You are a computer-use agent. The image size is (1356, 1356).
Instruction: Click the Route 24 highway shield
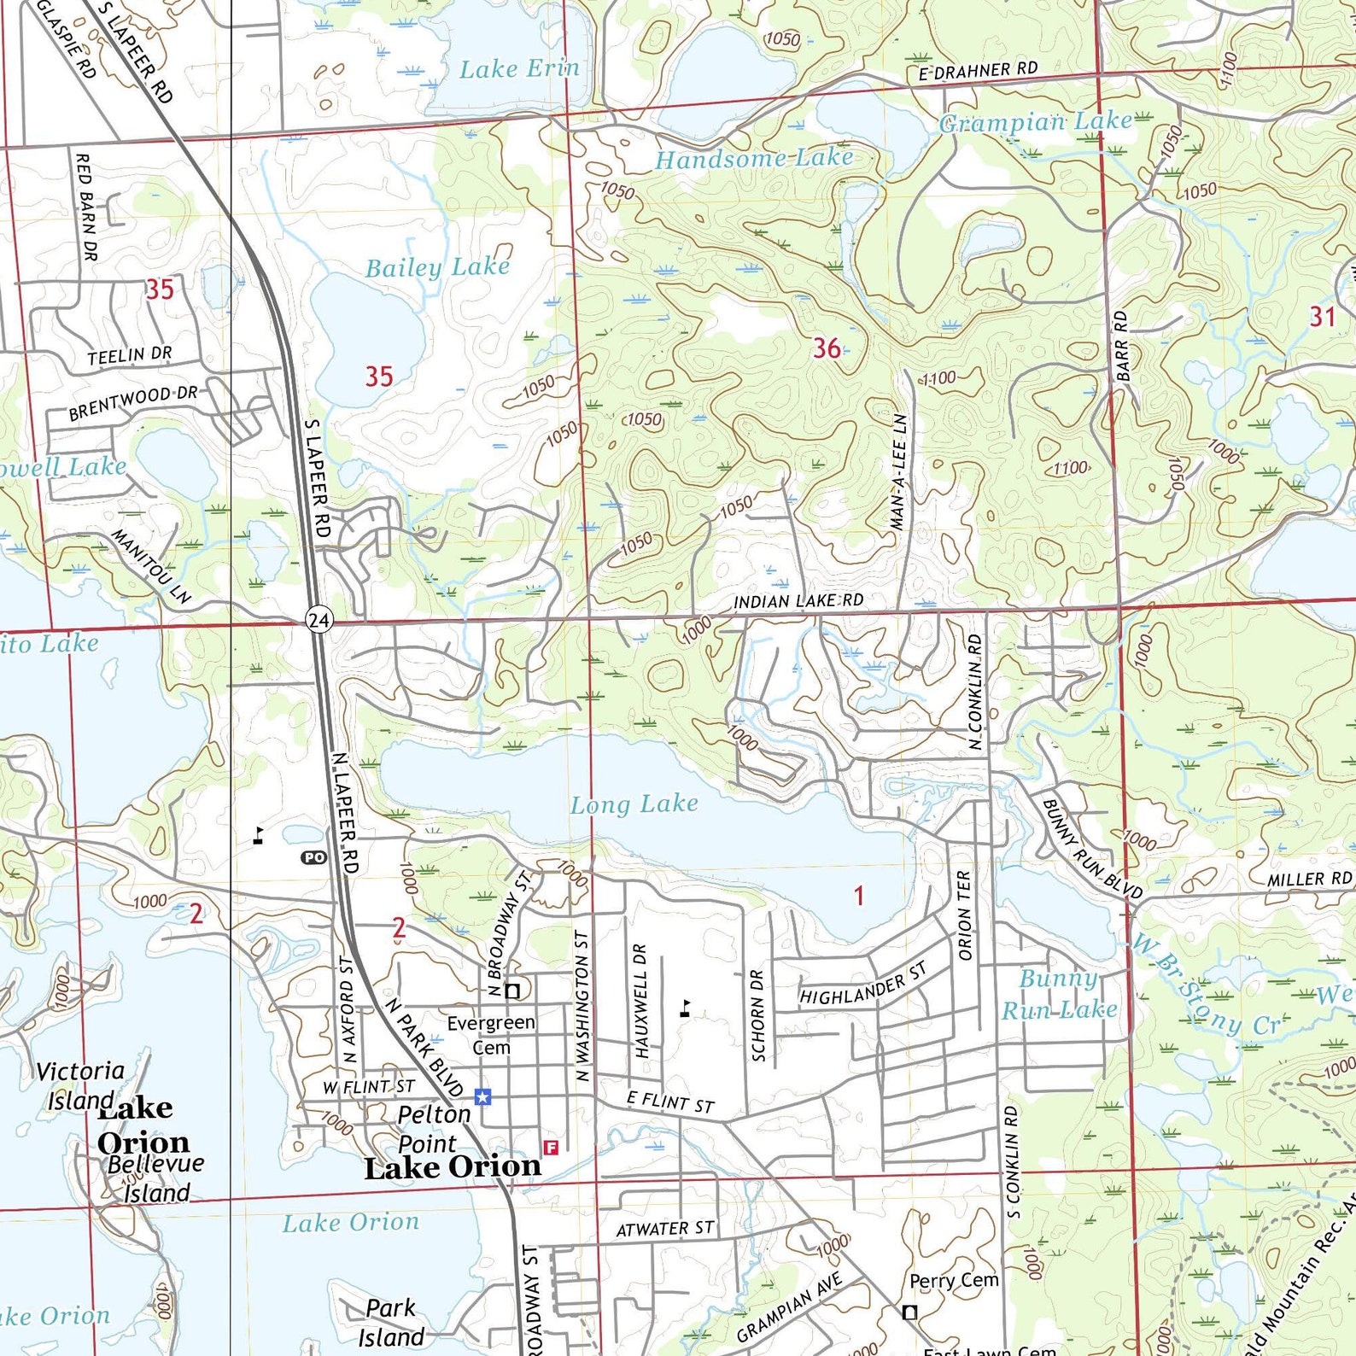319,619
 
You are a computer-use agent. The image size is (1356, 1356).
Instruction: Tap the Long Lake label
634,804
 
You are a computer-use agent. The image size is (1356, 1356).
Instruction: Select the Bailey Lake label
437,267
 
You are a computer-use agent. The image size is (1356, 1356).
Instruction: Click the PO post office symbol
314,857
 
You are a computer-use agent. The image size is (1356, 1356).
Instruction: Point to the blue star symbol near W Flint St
483,1096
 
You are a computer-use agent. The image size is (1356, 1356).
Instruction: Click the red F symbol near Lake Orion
551,1148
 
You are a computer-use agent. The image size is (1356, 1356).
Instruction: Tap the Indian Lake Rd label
798,601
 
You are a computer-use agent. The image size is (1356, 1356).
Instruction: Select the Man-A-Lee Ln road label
900,472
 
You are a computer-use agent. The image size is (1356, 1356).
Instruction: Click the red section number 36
826,348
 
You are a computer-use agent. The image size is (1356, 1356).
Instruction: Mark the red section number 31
1322,317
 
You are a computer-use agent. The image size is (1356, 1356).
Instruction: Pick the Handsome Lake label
753,159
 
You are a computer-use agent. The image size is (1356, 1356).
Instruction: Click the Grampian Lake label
1035,122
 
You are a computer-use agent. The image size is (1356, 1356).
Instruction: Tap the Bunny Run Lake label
1059,995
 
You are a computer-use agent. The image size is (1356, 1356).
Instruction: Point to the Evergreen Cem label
491,1034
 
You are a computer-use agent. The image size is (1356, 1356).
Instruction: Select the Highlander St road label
862,984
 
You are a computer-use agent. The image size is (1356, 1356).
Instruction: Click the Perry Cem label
953,1280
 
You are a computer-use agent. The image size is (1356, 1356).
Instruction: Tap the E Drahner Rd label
978,71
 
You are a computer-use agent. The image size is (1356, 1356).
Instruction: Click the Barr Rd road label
1122,345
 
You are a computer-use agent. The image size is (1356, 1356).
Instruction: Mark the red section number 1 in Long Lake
859,895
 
